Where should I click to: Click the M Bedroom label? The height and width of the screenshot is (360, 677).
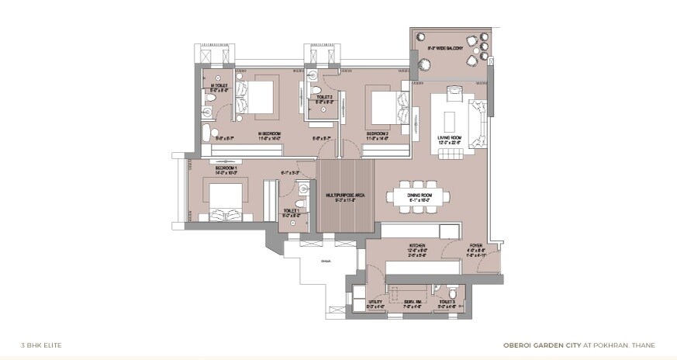tap(269, 133)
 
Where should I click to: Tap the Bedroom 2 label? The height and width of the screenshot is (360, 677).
tap(377, 133)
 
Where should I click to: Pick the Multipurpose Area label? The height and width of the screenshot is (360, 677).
tap(340, 195)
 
